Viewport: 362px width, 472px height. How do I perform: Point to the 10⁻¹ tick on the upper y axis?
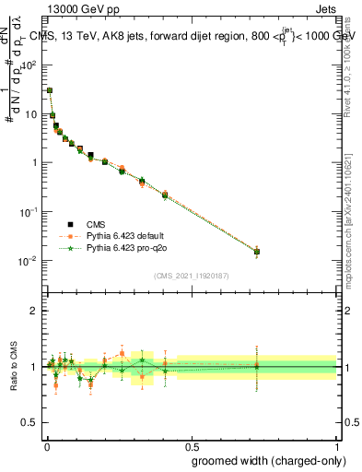[x=30, y=212]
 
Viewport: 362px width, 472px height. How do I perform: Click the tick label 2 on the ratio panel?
[x=34, y=311]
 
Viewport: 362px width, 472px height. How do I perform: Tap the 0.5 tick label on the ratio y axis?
[x=30, y=422]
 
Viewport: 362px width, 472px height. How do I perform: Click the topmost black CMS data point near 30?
[x=50, y=90]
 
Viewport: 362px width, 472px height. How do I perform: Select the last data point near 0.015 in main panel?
[x=257, y=251]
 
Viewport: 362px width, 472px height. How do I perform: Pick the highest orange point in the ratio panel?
[x=123, y=353]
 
